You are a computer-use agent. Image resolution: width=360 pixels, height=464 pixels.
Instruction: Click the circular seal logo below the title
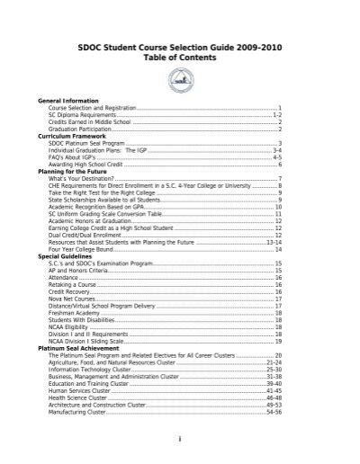pyautogui.click(x=179, y=81)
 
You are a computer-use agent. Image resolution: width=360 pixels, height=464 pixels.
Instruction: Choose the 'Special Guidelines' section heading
pyautogui.click(x=69, y=256)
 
